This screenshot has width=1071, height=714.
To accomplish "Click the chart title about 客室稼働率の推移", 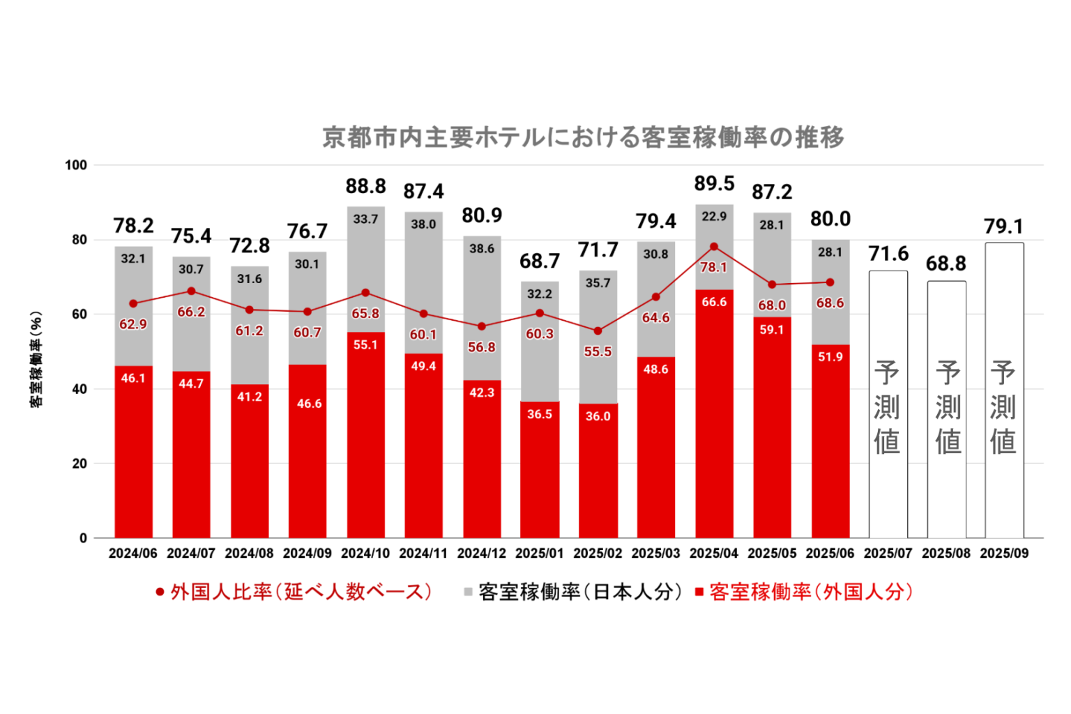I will [x=583, y=137].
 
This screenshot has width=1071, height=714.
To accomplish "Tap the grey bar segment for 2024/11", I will [x=423, y=279].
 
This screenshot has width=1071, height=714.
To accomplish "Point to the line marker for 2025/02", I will [x=598, y=331].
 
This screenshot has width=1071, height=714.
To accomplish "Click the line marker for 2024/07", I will [x=191, y=291].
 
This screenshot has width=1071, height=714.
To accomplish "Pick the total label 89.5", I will [x=714, y=183].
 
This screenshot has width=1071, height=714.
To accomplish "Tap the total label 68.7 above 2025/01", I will [x=539, y=261].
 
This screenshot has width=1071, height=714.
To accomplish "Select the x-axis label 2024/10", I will [x=365, y=554].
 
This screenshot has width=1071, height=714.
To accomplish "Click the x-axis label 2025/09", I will [x=1004, y=554].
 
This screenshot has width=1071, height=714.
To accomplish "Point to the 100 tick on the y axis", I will [x=76, y=165].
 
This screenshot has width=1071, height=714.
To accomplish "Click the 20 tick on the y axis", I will [x=79, y=464].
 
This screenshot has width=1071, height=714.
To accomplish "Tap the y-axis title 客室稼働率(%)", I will [x=36, y=360].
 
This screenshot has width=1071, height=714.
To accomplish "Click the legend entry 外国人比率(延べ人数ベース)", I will [x=294, y=592].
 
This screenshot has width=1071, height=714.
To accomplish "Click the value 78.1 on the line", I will [x=713, y=267].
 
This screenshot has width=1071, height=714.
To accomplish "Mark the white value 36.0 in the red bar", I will [x=598, y=416].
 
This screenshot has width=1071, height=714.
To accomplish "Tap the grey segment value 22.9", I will [x=714, y=217].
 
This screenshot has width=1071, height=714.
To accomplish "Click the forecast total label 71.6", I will [x=888, y=254].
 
